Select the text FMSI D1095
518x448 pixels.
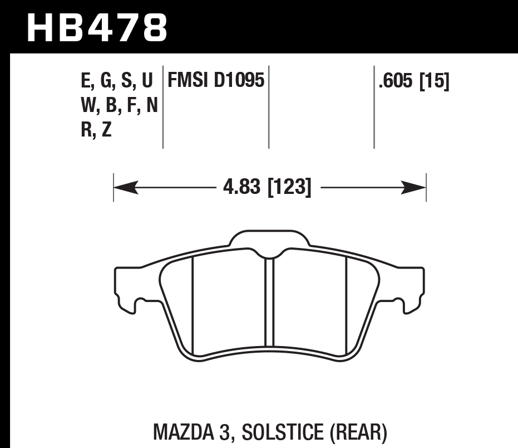coord(215,81)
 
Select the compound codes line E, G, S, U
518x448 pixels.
coord(117,81)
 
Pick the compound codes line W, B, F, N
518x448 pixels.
coord(119,105)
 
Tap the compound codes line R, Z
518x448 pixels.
coord(96,129)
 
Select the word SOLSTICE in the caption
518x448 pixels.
coord(273,432)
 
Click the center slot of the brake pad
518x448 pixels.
coord(270,304)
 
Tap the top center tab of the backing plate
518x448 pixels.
coord(270,240)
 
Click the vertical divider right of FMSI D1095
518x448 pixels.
coord(269,109)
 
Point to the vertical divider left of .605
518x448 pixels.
coord(374,109)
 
